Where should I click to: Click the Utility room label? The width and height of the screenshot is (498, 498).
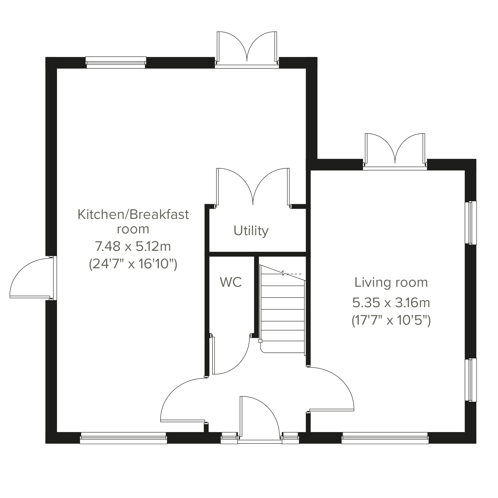[x=251, y=231]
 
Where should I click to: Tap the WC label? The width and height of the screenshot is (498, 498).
[x=231, y=282]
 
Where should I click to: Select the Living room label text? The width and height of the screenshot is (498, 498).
[x=391, y=283]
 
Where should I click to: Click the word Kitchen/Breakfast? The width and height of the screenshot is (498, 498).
[x=133, y=214]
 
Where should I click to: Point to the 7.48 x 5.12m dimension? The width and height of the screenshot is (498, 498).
[x=133, y=246]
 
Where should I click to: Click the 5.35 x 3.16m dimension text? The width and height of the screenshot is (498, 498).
[x=391, y=303]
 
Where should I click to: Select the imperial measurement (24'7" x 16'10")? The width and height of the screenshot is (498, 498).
[x=133, y=264]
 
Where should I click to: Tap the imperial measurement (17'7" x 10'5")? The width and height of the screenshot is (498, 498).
[x=391, y=321]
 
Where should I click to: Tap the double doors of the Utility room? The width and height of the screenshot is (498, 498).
[x=253, y=188]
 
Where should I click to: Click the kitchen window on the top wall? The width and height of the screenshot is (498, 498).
[x=116, y=62]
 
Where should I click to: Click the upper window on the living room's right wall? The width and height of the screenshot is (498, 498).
[x=471, y=223]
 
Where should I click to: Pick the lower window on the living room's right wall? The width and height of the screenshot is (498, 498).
[x=471, y=380]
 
